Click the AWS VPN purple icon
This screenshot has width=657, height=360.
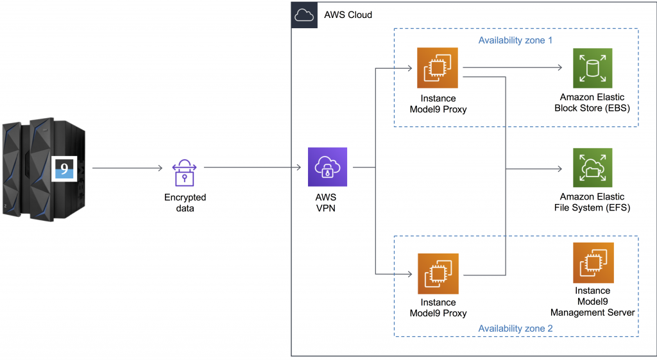(x=327, y=167)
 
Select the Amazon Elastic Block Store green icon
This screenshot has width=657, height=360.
(x=593, y=67)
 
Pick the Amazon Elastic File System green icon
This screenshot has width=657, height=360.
(x=593, y=167)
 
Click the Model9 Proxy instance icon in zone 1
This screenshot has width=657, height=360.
(x=438, y=67)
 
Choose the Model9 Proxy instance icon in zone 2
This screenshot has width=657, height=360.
(x=438, y=273)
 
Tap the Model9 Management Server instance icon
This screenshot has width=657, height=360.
(x=593, y=262)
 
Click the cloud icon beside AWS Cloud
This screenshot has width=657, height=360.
(x=304, y=14)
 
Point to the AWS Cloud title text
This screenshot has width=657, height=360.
(x=348, y=15)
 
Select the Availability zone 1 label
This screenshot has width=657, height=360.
(x=516, y=40)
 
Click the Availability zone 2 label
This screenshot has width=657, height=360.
(x=516, y=329)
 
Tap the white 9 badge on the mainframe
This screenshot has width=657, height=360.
(x=64, y=169)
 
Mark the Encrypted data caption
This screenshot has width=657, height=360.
(x=185, y=203)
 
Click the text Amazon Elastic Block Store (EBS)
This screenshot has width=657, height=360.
(x=592, y=103)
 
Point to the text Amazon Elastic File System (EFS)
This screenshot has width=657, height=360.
(x=592, y=202)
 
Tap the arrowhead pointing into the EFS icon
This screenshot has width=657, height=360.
(x=559, y=169)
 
